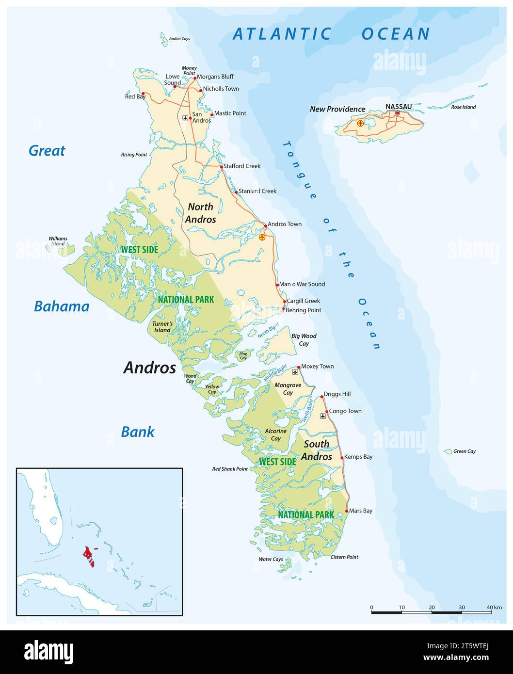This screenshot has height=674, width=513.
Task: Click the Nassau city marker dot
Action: [x=398, y=113]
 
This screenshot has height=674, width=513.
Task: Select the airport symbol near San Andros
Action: [x=185, y=118]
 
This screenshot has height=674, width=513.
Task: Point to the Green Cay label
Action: [x=464, y=451]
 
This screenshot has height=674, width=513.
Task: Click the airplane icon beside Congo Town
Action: [x=323, y=416]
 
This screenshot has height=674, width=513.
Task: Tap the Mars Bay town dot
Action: [x=347, y=511]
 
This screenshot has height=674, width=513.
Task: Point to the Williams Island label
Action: [x=58, y=241]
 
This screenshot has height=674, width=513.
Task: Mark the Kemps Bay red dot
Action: [x=342, y=457]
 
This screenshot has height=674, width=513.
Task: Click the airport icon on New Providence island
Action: [x=360, y=123]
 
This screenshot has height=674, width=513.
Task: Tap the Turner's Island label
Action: [x=162, y=327]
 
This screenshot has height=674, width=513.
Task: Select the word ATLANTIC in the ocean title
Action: [x=282, y=34]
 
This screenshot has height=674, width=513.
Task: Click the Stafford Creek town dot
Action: [x=221, y=167]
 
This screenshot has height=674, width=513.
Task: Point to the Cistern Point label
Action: [x=344, y=557]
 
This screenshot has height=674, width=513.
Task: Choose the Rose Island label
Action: [x=463, y=107]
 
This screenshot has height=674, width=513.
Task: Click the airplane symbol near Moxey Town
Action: [x=296, y=372]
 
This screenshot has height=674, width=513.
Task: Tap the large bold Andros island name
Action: [x=149, y=368]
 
